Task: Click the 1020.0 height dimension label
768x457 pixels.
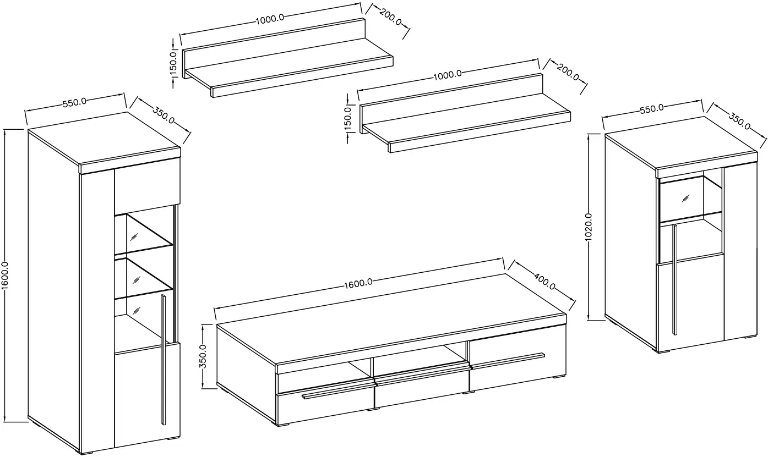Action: point(589,227)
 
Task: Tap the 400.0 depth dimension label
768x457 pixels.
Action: point(544,281)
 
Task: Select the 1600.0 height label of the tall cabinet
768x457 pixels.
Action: point(5,276)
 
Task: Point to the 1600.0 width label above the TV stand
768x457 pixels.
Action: point(358,283)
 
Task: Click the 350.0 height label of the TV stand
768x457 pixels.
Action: point(203,356)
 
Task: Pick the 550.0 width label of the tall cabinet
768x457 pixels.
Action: point(74,102)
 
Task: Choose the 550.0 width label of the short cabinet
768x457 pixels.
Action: point(652,108)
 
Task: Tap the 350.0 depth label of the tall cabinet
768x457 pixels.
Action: point(164,115)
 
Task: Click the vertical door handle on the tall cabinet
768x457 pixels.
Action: point(163,359)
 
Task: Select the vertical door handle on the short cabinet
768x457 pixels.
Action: point(674,279)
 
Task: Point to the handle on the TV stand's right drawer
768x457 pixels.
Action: point(508,361)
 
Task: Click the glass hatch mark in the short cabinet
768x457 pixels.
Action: point(686,199)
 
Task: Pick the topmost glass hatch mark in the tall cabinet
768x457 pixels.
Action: point(134,237)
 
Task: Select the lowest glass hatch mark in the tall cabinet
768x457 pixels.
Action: point(137,311)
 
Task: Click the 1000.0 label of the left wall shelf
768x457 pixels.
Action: point(270,19)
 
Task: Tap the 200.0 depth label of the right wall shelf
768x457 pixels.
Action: point(568,72)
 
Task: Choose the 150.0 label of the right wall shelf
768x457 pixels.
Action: point(347,119)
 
